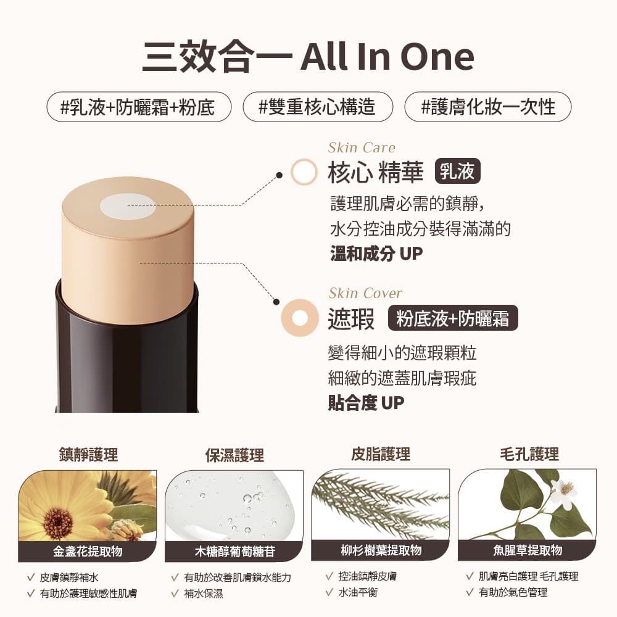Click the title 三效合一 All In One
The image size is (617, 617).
(308, 56)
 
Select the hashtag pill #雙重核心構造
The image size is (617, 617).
(317, 107)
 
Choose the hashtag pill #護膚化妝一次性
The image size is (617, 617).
(487, 107)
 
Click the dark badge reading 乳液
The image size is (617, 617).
(457, 172)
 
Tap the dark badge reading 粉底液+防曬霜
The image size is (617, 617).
(452, 318)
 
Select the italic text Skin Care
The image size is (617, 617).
(362, 147)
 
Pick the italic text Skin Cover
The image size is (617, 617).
(365, 293)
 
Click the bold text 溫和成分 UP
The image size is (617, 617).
(376, 254)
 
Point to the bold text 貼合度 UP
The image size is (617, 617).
(366, 403)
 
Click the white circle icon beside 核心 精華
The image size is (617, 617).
(304, 172)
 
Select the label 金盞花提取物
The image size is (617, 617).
(87, 551)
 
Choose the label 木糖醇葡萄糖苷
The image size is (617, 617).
(234, 551)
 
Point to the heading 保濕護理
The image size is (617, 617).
(234, 455)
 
